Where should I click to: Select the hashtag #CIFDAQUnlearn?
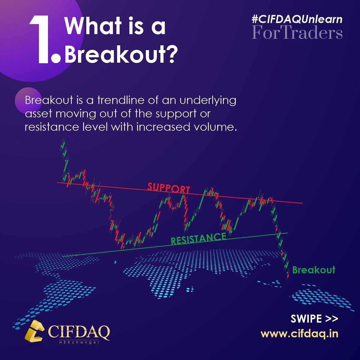coord(297,19)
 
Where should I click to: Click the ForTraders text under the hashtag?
coord(297,33)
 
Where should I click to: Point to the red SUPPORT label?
coord(169,188)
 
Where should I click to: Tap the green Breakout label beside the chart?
coord(313,270)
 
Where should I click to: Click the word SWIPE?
coord(306,319)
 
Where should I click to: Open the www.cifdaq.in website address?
coord(299,334)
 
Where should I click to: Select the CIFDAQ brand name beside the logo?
coord(79,331)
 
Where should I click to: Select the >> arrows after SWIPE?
coord(331,319)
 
